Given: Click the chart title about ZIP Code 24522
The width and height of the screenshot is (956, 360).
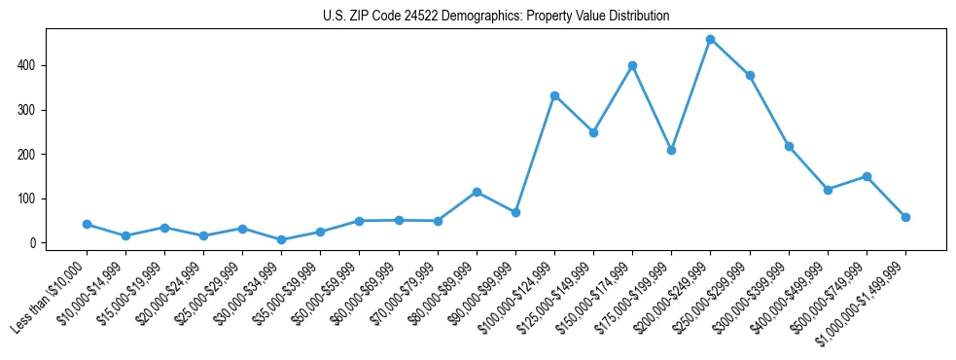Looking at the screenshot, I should click(496, 17).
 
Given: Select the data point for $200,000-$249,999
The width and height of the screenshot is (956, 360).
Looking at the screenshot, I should click(711, 40).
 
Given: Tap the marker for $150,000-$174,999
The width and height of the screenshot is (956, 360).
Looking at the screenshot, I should click(632, 66).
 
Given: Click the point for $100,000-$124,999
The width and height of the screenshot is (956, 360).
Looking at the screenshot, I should click(554, 96).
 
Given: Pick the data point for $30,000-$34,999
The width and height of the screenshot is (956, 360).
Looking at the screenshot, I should click(281, 239).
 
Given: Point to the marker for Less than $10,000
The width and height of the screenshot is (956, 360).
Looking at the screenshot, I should click(87, 224).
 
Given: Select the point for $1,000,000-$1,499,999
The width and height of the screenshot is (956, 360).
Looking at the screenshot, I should click(905, 217).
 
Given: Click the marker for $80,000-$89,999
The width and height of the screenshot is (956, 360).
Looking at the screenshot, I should click(477, 192).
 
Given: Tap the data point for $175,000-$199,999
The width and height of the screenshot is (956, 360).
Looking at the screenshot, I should click(671, 151).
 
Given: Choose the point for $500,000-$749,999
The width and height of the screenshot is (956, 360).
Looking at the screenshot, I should click(867, 176).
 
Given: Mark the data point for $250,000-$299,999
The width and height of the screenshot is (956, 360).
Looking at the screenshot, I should click(750, 76).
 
